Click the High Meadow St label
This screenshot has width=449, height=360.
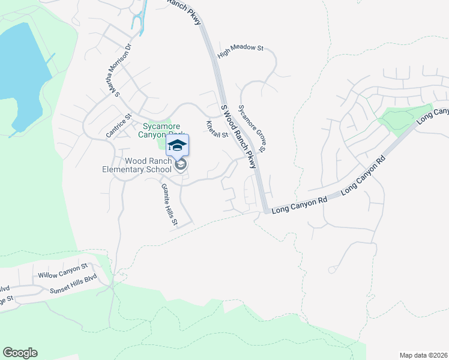pos(241,51)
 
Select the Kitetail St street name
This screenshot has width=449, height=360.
pos(217,129)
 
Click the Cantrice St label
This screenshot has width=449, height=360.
pos(118,126)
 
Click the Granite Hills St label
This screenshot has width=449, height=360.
pos(169,204)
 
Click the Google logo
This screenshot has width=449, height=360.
pos(20,353)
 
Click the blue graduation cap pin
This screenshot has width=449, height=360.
pos(178,145)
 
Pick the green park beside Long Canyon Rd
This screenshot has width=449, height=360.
pos(405,118)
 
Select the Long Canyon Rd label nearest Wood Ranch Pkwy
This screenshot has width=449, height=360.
pos(299,206)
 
